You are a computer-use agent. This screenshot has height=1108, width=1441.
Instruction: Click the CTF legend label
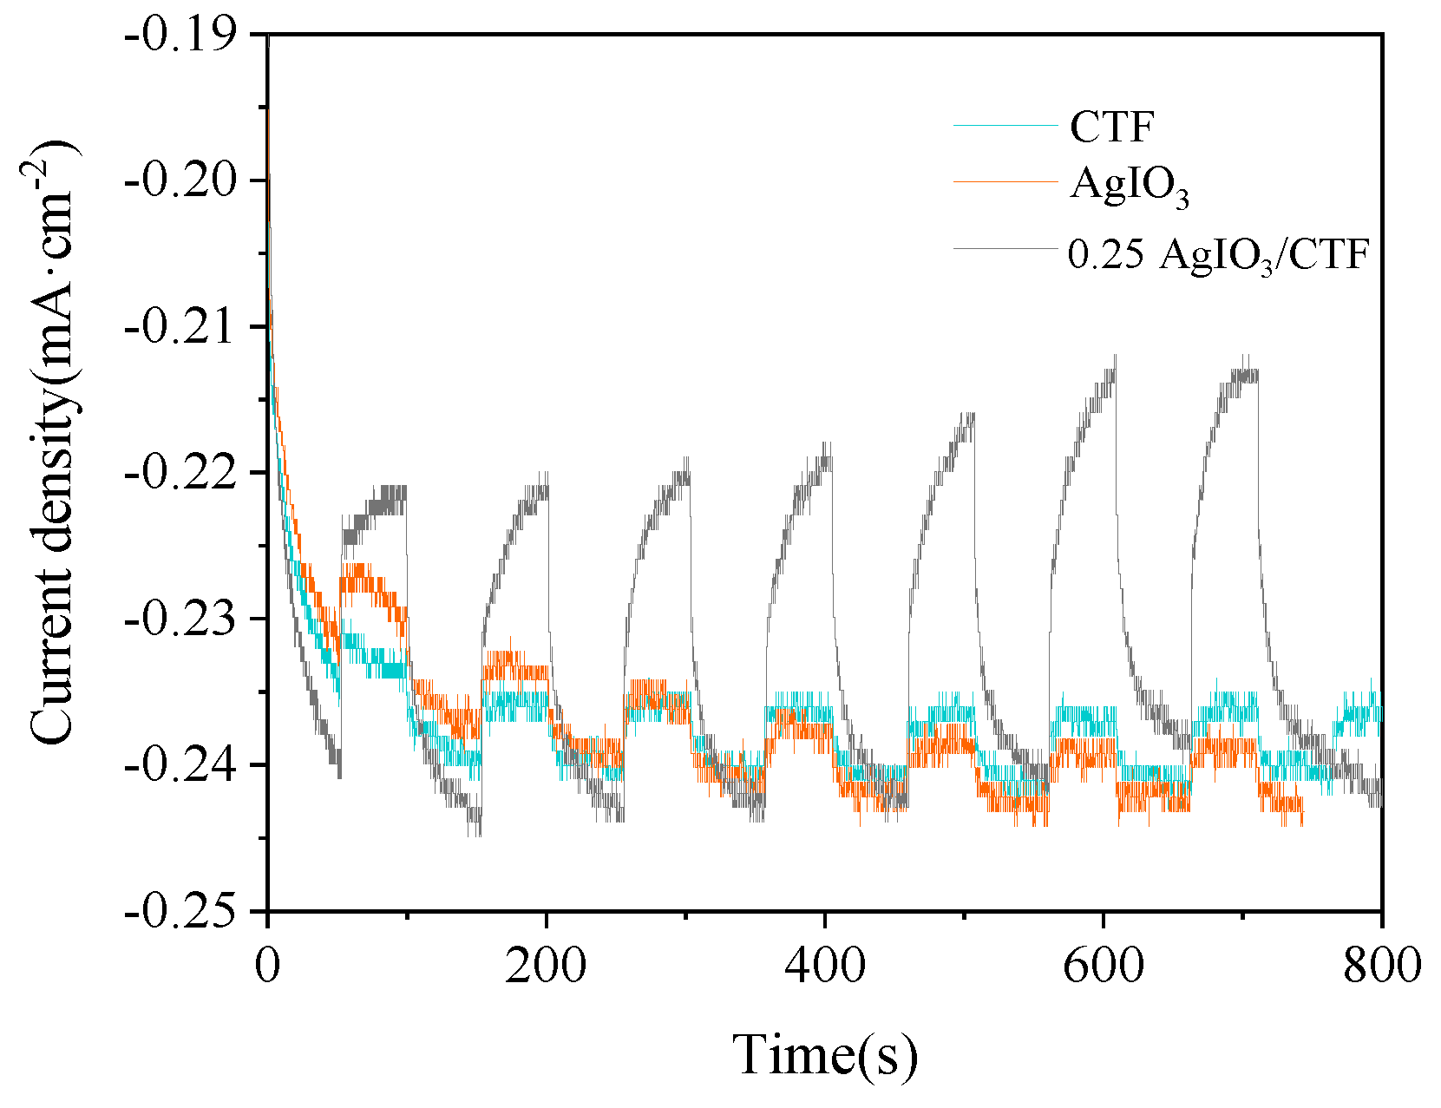pos(1112,127)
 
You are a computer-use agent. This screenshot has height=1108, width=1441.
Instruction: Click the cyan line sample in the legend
pos(1005,126)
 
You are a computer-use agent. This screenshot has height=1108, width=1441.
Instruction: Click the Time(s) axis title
pos(824,1055)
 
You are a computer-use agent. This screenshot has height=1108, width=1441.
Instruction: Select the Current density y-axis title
pos(57,443)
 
